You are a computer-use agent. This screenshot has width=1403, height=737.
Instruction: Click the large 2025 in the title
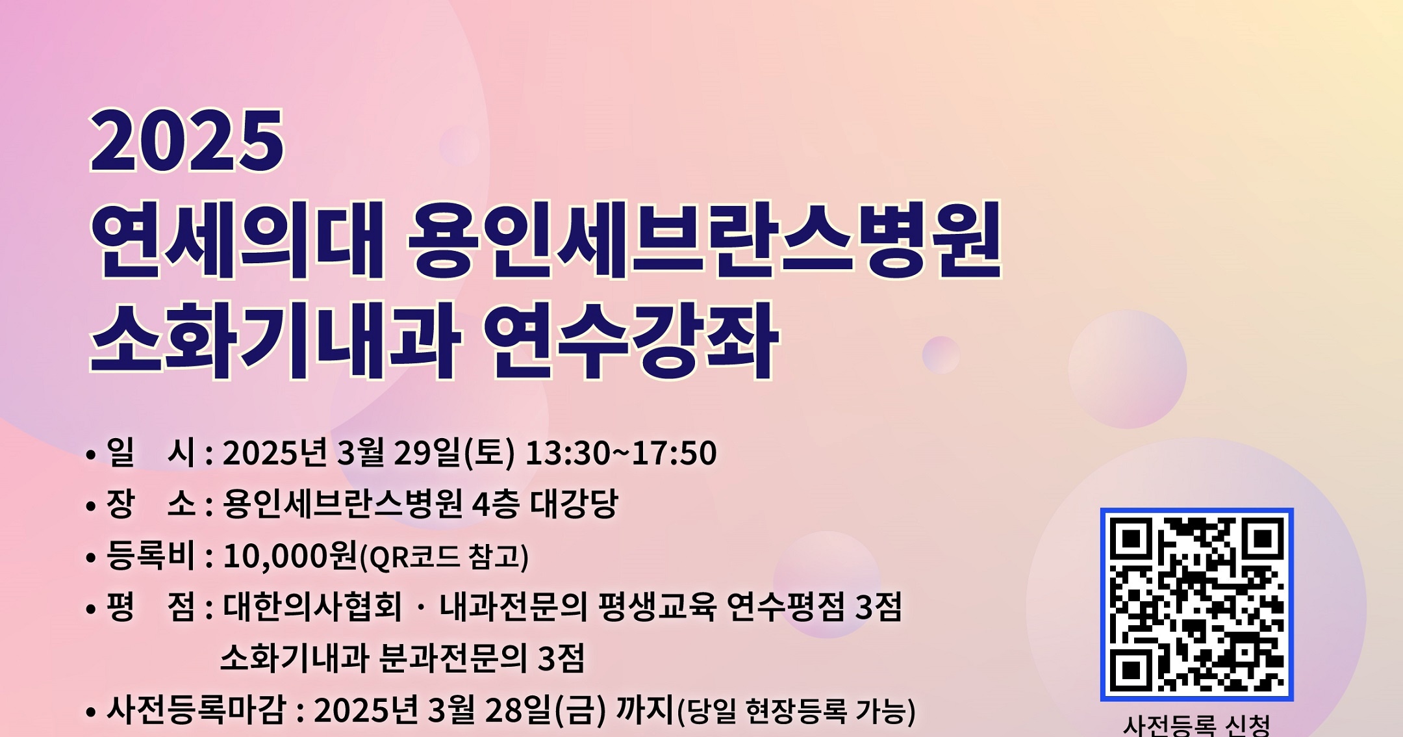point(187,140)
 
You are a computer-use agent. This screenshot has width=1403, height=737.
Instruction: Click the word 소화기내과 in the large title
point(275,341)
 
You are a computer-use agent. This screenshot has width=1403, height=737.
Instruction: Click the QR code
point(1196,604)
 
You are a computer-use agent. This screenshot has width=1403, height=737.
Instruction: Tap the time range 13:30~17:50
point(621,453)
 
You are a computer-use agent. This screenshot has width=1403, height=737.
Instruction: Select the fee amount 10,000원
point(290,556)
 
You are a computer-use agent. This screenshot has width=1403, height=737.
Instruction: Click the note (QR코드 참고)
point(444,557)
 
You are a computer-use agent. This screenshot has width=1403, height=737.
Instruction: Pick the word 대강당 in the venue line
point(574,504)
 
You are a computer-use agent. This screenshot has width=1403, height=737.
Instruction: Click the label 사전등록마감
point(196,710)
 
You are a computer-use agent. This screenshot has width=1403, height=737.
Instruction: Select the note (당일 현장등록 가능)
point(796,711)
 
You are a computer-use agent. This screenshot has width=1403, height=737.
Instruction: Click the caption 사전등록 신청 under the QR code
point(1196,725)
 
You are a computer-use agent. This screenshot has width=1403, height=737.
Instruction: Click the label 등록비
point(151,556)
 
